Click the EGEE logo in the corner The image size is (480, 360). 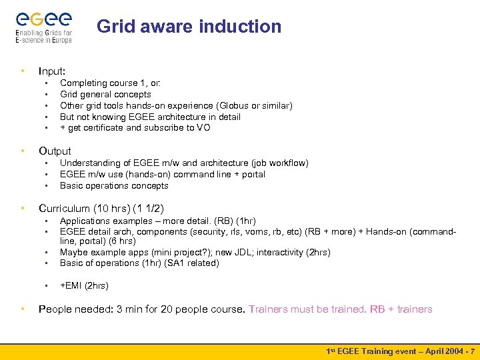44,26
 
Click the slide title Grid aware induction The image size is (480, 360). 189,27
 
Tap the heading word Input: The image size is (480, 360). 52,71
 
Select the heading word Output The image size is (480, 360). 55,151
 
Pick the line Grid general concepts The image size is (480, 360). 105,94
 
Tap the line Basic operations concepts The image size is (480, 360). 114,185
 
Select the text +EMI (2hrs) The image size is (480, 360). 84,285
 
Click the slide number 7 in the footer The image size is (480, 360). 472,351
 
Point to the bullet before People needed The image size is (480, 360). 23,309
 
